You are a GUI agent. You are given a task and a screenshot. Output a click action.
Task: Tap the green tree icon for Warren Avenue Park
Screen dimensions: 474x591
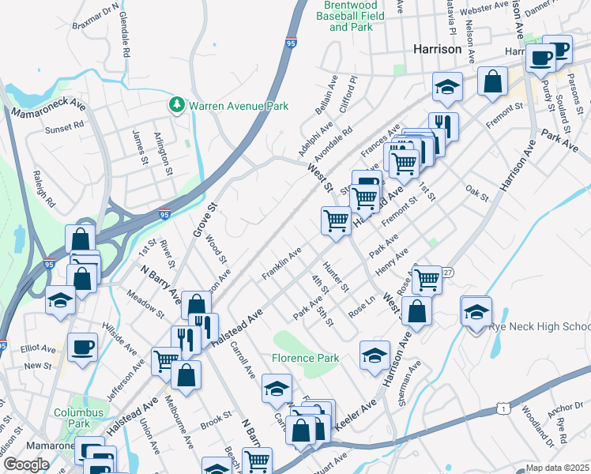177,104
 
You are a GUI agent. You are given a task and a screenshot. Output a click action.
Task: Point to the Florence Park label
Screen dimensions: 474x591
306,358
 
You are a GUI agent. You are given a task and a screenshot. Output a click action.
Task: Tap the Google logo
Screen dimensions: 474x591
26,465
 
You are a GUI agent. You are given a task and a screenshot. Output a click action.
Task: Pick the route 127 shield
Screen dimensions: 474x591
448,272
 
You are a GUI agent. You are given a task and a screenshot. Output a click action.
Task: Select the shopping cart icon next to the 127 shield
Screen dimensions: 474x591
427,278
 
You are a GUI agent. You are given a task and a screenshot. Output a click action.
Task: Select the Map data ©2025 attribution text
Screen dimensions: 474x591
557,468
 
